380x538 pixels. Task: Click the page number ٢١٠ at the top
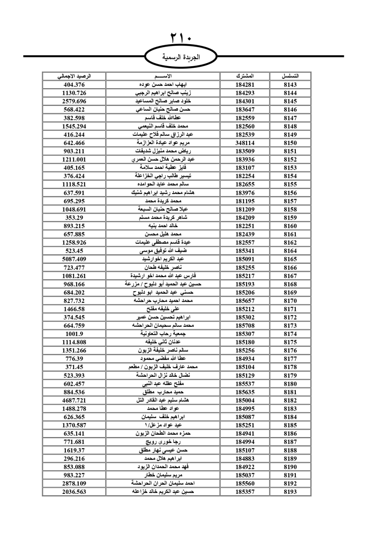(181, 38)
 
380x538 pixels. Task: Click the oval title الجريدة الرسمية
(181, 57)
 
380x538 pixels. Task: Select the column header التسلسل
(290, 76)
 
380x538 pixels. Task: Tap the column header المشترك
(245, 76)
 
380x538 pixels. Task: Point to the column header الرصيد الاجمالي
(74, 76)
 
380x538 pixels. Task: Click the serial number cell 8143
(290, 84)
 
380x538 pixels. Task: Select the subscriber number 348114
(245, 143)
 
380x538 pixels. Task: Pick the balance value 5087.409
(74, 259)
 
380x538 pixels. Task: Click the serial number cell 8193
(290, 492)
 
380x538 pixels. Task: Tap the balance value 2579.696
(74, 101)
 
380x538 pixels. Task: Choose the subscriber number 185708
(245, 325)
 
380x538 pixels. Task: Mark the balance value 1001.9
(74, 334)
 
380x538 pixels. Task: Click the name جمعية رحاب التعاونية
(163, 334)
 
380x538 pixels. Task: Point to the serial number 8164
(290, 251)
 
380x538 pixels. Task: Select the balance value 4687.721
(74, 400)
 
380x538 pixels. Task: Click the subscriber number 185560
(245, 483)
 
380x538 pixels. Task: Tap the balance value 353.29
(74, 218)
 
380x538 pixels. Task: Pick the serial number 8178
(290, 367)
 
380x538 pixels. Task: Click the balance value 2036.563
(74, 492)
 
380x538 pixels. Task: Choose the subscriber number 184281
(245, 84)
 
